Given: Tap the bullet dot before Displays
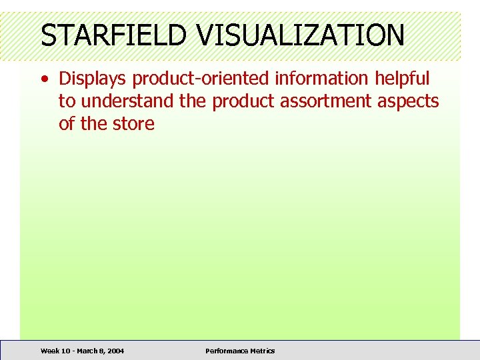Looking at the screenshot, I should [44, 79].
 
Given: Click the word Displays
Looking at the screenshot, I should [93, 79].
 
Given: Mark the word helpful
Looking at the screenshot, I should [401, 79].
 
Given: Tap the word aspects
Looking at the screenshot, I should [411, 102].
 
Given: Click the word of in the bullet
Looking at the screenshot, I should [67, 124].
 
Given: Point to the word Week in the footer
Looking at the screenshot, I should [49, 351].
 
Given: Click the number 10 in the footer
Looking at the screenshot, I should [65, 351].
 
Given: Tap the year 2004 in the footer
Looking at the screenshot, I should [115, 351].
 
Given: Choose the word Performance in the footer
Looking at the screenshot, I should [227, 351].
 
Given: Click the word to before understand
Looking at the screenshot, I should [67, 102].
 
